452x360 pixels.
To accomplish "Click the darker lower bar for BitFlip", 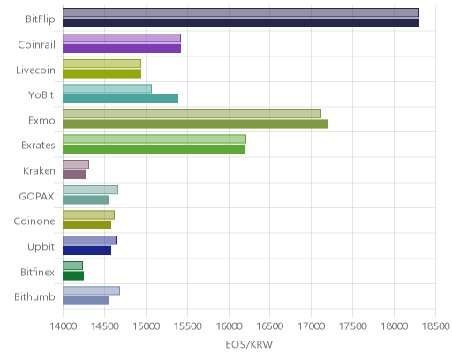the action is point(241,23).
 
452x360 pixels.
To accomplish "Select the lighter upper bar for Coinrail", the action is point(122,38).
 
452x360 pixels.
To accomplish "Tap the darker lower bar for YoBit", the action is point(121,99).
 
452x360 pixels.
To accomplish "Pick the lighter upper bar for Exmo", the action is point(192,114).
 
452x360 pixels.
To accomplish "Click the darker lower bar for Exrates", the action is point(154,149).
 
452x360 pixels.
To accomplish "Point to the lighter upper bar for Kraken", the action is point(76,164).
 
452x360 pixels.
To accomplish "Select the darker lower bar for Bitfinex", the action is point(73,276).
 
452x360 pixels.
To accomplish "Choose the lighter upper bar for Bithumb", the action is point(91,290).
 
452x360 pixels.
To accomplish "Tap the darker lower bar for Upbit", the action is point(87,251).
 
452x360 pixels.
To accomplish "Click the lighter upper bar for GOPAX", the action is point(90,190).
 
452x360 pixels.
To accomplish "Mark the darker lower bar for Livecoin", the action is point(102,73).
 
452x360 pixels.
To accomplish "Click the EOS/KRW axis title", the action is point(249,344).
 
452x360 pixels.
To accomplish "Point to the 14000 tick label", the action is point(63,326).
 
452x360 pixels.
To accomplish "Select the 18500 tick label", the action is point(436,326).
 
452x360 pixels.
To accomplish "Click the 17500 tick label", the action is point(353,326).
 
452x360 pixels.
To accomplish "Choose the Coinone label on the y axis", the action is point(34,221).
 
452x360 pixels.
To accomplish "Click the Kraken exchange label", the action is point(39,170).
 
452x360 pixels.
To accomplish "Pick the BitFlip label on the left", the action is point(41,19).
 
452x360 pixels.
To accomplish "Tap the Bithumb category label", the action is point(34,296).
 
